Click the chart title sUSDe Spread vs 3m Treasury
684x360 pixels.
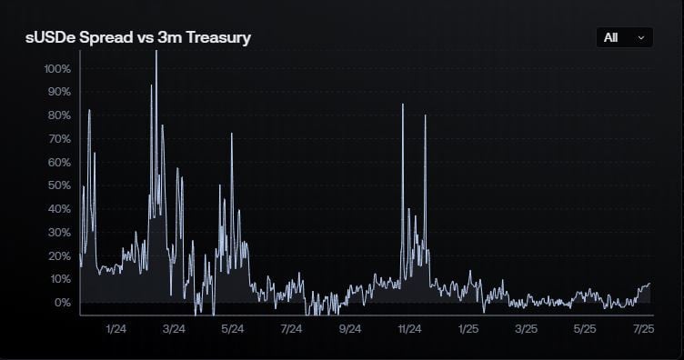tap(137, 37)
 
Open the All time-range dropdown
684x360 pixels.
tap(623, 37)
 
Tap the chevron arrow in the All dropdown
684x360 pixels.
tap(641, 37)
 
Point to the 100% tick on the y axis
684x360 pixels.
tap(56, 69)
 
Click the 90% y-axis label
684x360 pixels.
tap(58, 92)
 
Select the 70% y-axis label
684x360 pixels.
tap(58, 139)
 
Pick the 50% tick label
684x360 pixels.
tap(58, 185)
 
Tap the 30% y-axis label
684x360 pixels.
tap(58, 233)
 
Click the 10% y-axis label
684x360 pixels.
tap(58, 279)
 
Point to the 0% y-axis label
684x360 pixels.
tap(61, 303)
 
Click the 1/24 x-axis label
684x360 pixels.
tap(116, 328)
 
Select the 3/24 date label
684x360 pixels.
tap(174, 328)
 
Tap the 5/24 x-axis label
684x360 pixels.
tap(232, 328)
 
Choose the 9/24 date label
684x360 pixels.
tap(350, 328)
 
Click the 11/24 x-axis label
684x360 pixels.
tap(409, 328)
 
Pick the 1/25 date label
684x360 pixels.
tap(468, 328)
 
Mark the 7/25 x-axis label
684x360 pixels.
tap(644, 328)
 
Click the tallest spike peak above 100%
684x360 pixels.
tap(156, 52)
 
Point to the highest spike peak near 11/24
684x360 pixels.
tap(402, 105)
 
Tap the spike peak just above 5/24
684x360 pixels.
tap(231, 135)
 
